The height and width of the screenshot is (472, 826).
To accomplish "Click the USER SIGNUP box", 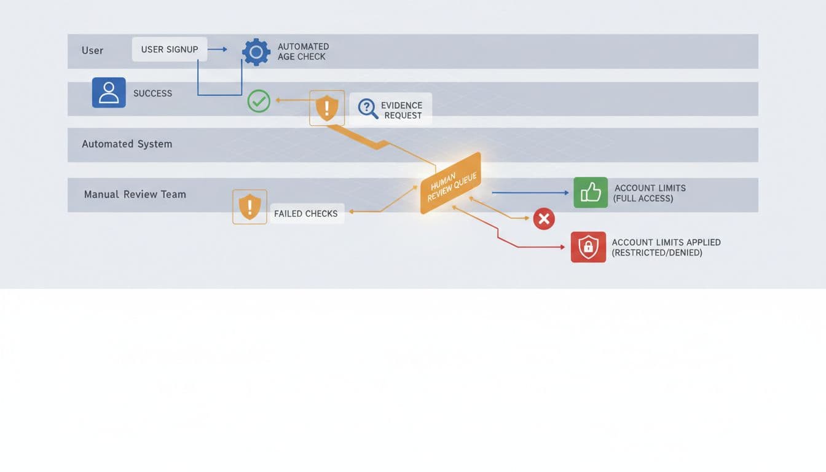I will click(x=170, y=49).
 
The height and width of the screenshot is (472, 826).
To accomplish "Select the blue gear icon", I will click(x=256, y=52).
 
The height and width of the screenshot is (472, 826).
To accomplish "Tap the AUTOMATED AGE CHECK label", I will click(x=303, y=52).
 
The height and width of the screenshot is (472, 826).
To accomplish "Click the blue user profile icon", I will click(x=109, y=93).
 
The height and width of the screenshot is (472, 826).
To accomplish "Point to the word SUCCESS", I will click(x=152, y=93).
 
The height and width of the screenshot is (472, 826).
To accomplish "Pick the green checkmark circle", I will click(x=259, y=101).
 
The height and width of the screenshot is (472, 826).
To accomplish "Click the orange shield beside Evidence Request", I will click(x=327, y=108).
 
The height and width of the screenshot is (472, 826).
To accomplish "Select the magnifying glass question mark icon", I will click(x=368, y=108).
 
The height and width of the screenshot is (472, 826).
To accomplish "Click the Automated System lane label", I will click(x=127, y=144).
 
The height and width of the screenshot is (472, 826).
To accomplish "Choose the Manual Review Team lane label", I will click(x=135, y=194).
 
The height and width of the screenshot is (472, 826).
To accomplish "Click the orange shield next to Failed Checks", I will click(x=250, y=206).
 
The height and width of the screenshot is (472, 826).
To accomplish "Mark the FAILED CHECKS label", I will click(x=305, y=213).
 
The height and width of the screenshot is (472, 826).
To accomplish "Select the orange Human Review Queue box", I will click(x=450, y=183).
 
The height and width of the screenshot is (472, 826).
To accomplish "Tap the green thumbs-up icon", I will click(x=591, y=192).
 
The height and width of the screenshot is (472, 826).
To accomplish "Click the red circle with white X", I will click(x=544, y=219).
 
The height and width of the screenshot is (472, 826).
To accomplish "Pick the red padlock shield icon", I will click(x=588, y=247).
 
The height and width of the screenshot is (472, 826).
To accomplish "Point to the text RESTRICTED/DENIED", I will click(x=657, y=253).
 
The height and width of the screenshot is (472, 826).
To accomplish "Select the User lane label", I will click(x=92, y=50).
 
